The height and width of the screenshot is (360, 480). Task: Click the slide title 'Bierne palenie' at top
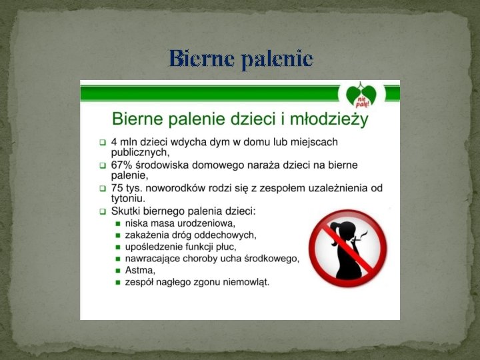pos(241,59)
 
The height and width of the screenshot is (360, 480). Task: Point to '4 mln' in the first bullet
pos(126,142)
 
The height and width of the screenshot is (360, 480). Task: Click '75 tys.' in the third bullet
pos(126,188)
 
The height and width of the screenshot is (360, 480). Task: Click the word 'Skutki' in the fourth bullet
pos(128,211)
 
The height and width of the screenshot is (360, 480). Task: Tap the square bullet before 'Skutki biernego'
pos(103,211)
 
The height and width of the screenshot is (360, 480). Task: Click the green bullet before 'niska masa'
pos(117,223)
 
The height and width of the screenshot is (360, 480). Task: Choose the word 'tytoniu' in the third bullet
pos(127,198)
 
